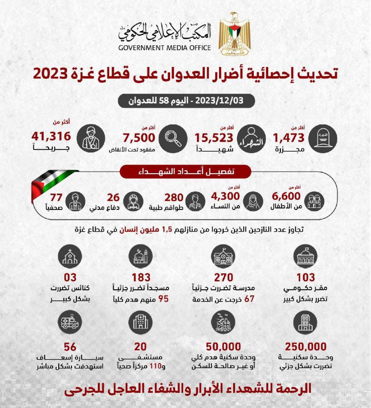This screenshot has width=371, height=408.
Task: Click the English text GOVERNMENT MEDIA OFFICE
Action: pos(165,47)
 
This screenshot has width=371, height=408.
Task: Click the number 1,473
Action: pos(289,137)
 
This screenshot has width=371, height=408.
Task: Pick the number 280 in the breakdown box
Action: pos(174,197)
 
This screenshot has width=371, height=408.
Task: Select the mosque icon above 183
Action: pos(140,256)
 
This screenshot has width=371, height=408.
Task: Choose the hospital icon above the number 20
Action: pos(140,322)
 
